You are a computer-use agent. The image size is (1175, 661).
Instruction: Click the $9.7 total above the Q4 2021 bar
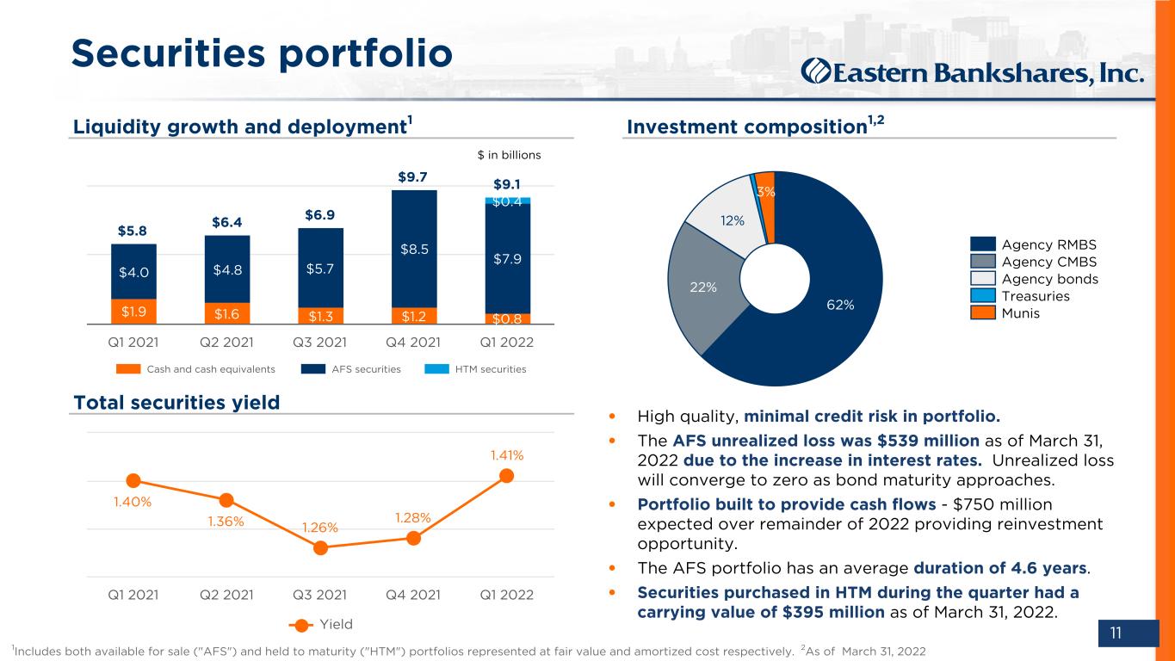[x=412, y=176]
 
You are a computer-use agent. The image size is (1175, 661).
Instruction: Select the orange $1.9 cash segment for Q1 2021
[x=133, y=312]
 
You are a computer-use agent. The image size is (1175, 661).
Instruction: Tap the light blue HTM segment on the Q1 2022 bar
[x=508, y=201]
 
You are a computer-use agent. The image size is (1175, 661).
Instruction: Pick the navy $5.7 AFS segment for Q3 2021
[x=320, y=268]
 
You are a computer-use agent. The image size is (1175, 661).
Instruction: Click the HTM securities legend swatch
[x=436, y=368]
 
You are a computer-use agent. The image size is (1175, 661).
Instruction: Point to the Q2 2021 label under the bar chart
[x=226, y=343]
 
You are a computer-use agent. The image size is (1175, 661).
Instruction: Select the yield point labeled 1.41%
[x=507, y=476]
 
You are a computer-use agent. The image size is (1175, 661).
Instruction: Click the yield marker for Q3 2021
[x=320, y=548]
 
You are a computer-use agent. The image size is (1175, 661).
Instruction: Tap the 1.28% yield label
[x=413, y=518]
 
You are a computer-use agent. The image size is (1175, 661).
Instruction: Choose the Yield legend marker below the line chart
[x=301, y=625]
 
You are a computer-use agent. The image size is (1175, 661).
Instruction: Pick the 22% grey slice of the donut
[x=706, y=287]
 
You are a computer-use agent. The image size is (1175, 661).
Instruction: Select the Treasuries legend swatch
[x=982, y=296]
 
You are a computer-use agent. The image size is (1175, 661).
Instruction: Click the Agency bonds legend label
[x=1049, y=279]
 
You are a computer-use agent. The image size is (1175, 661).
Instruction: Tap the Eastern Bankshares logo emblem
[x=816, y=71]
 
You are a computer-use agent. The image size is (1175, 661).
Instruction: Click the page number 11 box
[x=1129, y=633]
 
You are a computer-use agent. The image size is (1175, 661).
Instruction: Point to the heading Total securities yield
[x=176, y=403]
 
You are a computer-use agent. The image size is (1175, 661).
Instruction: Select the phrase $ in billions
[x=509, y=155]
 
